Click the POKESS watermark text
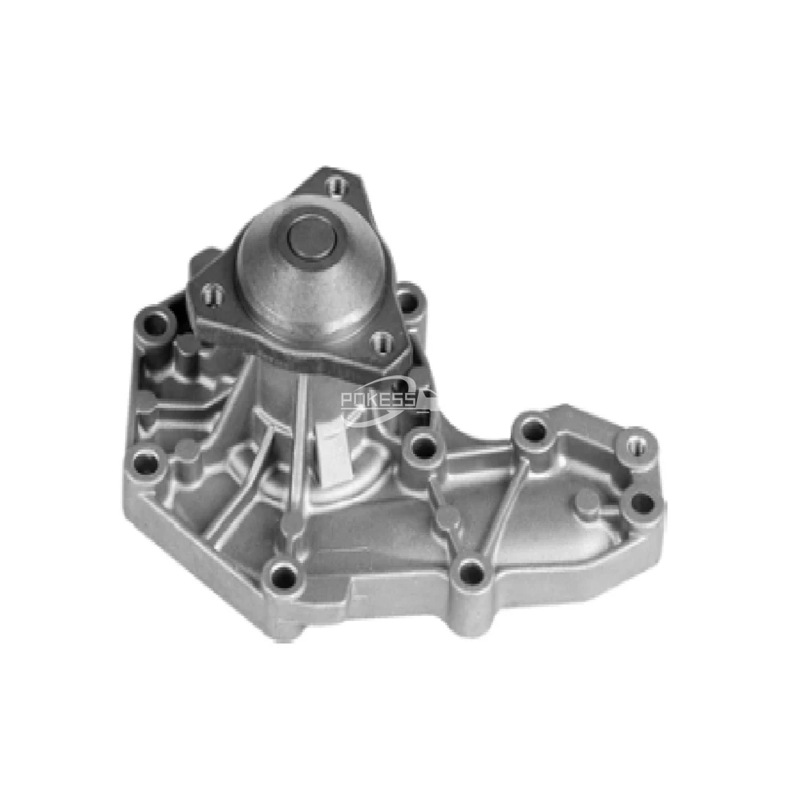point(378,400)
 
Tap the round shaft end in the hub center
point(311,237)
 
